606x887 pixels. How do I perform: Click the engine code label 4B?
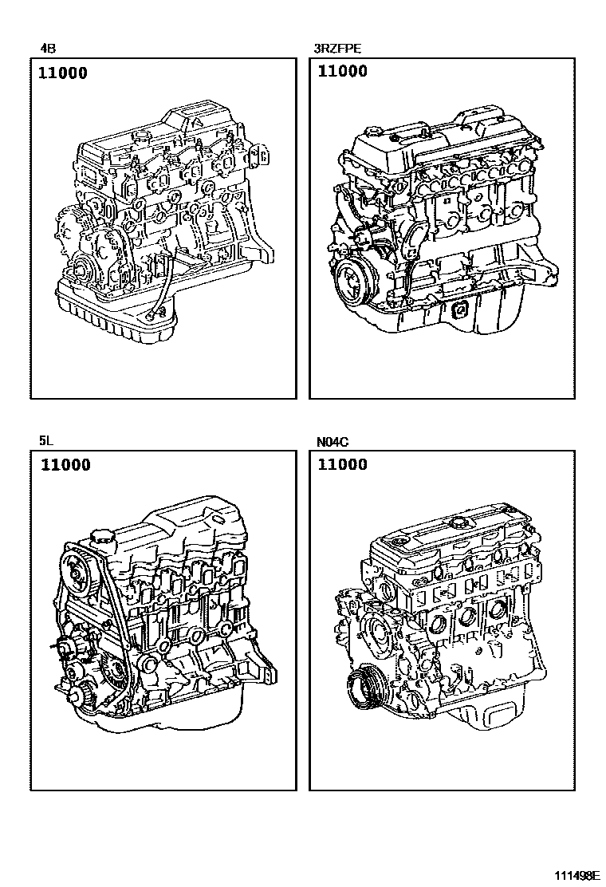(48, 49)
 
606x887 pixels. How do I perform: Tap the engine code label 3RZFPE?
(337, 49)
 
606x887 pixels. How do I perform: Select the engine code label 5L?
(46, 440)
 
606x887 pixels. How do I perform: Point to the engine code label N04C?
(333, 442)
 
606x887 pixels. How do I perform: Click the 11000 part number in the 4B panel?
(63, 73)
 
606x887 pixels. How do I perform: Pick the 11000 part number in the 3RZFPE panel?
(343, 71)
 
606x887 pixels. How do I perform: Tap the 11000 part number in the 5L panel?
(65, 465)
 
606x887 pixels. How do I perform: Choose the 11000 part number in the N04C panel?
(343, 465)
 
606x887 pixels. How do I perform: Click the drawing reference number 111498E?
(576, 876)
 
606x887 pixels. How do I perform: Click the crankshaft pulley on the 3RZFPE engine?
(352, 281)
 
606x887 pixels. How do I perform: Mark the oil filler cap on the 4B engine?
(141, 136)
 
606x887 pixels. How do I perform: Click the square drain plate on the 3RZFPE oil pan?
(459, 310)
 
